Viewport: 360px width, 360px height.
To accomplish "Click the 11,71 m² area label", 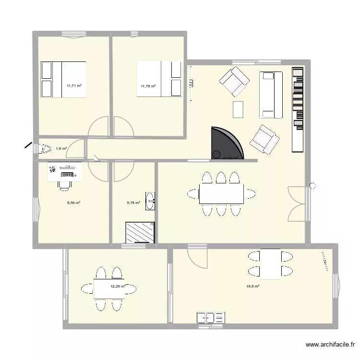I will (x=74, y=86).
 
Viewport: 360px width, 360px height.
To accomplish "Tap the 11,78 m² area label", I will (x=148, y=86).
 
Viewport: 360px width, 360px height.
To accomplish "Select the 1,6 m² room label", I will (x=61, y=149).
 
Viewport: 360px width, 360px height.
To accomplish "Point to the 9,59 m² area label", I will (x=73, y=203).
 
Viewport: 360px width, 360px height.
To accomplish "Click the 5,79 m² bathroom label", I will (x=133, y=203).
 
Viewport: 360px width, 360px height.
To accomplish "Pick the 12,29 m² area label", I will (x=118, y=287).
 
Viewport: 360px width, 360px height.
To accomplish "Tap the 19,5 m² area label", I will (x=253, y=287).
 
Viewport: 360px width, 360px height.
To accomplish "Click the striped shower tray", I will (x=140, y=232).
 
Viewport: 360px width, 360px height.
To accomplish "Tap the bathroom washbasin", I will (x=151, y=201).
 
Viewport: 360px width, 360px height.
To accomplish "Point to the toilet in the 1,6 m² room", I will (x=44, y=149).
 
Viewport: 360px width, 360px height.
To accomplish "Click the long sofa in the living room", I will (x=271, y=95).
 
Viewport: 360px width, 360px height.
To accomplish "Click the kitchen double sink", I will (x=211, y=318).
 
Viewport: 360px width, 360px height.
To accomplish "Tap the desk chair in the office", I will (x=64, y=184).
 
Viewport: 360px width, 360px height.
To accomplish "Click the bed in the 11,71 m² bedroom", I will (x=63, y=79).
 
